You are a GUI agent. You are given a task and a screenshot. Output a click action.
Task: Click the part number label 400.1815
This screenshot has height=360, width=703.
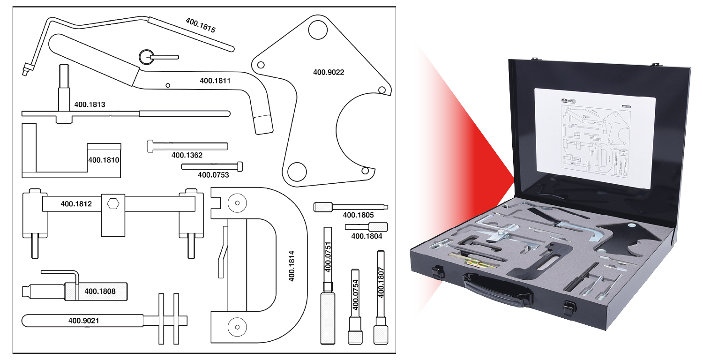200,25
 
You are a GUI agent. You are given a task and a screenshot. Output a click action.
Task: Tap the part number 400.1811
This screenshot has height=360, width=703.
215,81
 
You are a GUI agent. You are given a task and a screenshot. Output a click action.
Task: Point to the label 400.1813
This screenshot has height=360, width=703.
90,105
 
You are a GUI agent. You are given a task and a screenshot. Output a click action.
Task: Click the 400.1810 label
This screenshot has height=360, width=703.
104,160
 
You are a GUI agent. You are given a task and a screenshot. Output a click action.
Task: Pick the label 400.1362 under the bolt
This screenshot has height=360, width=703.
187,155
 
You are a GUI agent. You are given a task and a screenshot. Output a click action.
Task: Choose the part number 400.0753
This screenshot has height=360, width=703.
213,175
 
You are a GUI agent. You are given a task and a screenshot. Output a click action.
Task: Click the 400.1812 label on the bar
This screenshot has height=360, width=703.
76,204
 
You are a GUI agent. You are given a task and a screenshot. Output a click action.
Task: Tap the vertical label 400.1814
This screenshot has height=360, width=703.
292,266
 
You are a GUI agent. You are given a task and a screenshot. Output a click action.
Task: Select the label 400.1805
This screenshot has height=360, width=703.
358,215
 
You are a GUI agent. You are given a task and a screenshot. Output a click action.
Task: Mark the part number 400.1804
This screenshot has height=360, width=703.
366,236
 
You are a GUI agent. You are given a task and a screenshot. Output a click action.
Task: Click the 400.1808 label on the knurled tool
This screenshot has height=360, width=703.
100,292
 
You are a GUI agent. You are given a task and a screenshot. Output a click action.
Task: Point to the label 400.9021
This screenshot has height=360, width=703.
84,321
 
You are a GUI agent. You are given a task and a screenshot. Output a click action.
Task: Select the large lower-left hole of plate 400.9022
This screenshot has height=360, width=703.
297,172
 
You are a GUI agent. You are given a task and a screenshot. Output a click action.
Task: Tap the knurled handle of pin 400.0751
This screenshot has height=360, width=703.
328,317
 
